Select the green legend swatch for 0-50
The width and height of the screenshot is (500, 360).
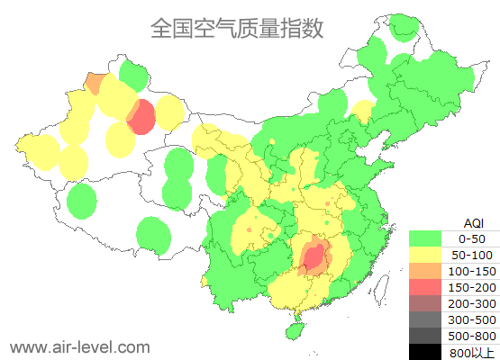point(425,238)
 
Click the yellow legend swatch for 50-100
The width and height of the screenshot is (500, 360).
point(425,255)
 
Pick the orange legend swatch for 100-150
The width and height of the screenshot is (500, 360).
point(425,271)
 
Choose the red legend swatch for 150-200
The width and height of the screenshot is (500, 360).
point(425,287)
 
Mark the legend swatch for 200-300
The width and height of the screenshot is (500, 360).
point(425,303)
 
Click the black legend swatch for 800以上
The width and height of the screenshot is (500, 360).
point(425,352)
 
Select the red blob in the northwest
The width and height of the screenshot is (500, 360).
point(141,118)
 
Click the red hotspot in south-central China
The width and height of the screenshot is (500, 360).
point(314,259)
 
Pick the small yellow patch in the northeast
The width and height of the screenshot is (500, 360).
point(362,112)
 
